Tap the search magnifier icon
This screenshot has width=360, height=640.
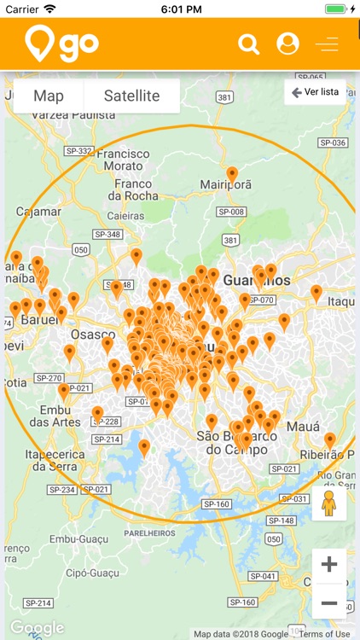[x=248, y=44]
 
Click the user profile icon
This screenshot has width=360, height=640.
[x=288, y=44]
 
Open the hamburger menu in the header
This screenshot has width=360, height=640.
[x=327, y=44]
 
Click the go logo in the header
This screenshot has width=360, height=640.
[x=62, y=44]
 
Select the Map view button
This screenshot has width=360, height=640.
[x=49, y=96]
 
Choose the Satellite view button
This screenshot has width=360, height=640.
[x=131, y=96]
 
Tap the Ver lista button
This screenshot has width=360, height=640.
[x=315, y=92]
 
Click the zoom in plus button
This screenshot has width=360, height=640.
[x=329, y=565]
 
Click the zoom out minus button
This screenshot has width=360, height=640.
[x=329, y=602]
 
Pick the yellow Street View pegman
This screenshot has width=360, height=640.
[x=329, y=504]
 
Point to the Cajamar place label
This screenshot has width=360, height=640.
[x=38, y=211]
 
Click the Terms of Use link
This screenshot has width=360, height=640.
[x=324, y=634]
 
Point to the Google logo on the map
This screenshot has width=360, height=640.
[x=36, y=628]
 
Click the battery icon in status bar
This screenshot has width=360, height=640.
[x=338, y=9]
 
